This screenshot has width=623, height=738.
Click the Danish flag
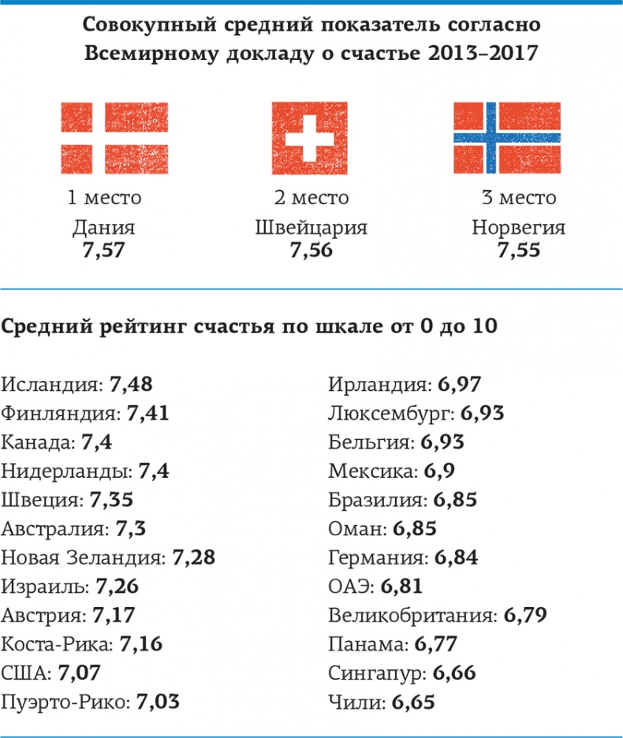point(114,138)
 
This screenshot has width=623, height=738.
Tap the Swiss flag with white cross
point(311,138)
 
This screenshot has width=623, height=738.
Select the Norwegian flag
point(507,138)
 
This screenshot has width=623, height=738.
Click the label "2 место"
point(311,197)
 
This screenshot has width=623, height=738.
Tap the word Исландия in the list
point(52,385)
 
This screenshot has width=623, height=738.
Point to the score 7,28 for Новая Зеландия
point(193,558)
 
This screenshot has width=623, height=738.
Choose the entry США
point(25,673)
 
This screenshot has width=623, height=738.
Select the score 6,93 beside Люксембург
point(483,413)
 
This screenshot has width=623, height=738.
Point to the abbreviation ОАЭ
point(349,587)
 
